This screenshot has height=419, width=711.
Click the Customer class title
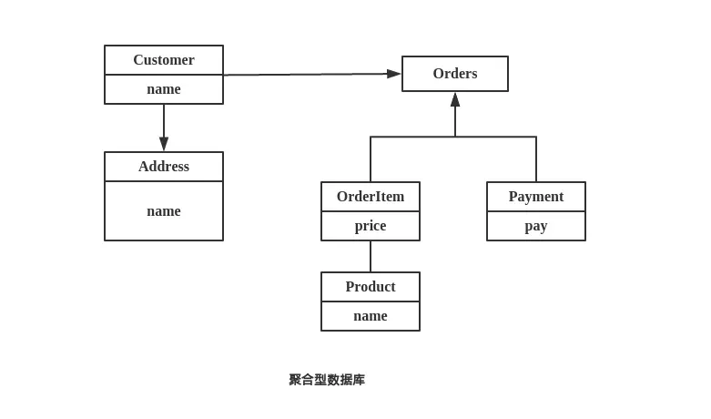pyautogui.click(x=164, y=60)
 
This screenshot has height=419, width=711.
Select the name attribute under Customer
pyautogui.click(x=164, y=89)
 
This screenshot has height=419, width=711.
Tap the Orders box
pyautogui.click(x=455, y=74)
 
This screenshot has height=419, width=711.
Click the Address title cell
pyautogui.click(x=164, y=167)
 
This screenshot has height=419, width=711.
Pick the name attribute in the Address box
pyautogui.click(x=164, y=211)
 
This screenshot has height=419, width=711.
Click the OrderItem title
pyautogui.click(x=371, y=197)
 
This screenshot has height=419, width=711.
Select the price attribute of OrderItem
pyautogui.click(x=371, y=226)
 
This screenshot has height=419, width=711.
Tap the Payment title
pyautogui.click(x=536, y=197)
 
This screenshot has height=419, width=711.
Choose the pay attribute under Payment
pyautogui.click(x=536, y=226)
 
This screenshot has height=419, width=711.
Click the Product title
pyautogui.click(x=371, y=287)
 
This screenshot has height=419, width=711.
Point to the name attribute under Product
pyautogui.click(x=371, y=316)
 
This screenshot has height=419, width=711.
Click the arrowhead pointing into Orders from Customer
pyautogui.click(x=393, y=74)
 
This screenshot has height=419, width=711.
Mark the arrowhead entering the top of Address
pyautogui.click(x=164, y=144)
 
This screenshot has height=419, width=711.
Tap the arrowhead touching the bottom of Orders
pyautogui.click(x=455, y=99)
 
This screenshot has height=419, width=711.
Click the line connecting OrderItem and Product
pyautogui.click(x=371, y=257)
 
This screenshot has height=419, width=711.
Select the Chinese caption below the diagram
pyautogui.click(x=327, y=380)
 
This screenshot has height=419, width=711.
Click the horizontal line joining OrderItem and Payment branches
pyautogui.click(x=410, y=137)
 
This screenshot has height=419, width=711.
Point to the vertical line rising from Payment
pyautogui.click(x=536, y=159)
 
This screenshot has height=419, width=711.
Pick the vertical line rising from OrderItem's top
pyautogui.click(x=371, y=159)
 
